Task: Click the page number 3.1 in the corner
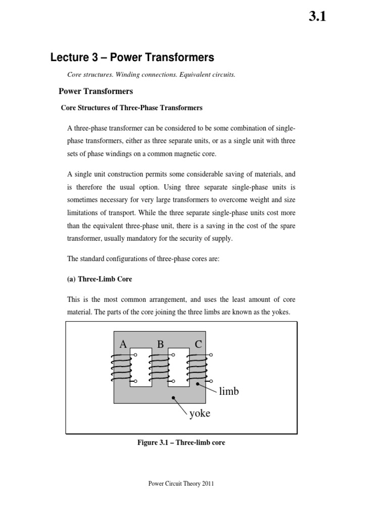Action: pyautogui.click(x=317, y=17)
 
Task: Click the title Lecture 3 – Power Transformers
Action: pyautogui.click(x=132, y=58)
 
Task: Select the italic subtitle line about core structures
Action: pyautogui.click(x=151, y=75)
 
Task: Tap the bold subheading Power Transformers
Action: pyautogui.click(x=95, y=91)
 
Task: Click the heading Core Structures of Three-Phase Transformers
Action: pyautogui.click(x=131, y=108)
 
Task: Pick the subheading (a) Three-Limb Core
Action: pyautogui.click(x=100, y=279)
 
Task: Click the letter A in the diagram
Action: pyautogui.click(x=122, y=344)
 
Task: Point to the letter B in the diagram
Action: pyautogui.click(x=160, y=344)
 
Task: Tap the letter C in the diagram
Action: pyautogui.click(x=198, y=344)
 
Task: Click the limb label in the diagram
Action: pyautogui.click(x=229, y=391)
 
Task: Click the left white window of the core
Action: pyautogui.click(x=140, y=367)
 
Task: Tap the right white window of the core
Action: pyautogui.click(x=178, y=367)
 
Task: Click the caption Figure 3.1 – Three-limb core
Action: pyautogui.click(x=181, y=443)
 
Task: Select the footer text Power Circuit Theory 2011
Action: pyautogui.click(x=181, y=484)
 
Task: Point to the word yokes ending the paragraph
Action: pyautogui.click(x=279, y=312)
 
